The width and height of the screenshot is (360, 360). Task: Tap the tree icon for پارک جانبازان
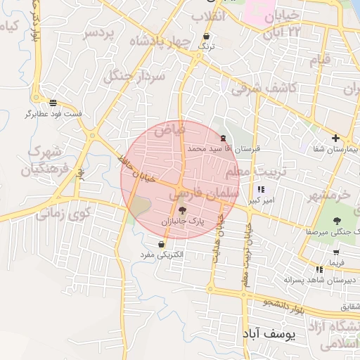[x=183, y=210]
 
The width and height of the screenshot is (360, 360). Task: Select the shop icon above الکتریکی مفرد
[x=162, y=243]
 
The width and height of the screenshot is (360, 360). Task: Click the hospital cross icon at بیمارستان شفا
[x=335, y=138]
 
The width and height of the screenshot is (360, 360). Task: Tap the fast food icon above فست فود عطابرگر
[x=53, y=103]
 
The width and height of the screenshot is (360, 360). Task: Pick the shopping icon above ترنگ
[x=206, y=37]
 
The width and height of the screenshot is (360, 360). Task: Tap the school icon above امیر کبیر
[x=262, y=190]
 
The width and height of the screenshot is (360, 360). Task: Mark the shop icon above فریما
[x=336, y=252]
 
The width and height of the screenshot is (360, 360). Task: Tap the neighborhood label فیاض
[x=169, y=129]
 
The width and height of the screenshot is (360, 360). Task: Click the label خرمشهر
[x=334, y=193]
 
